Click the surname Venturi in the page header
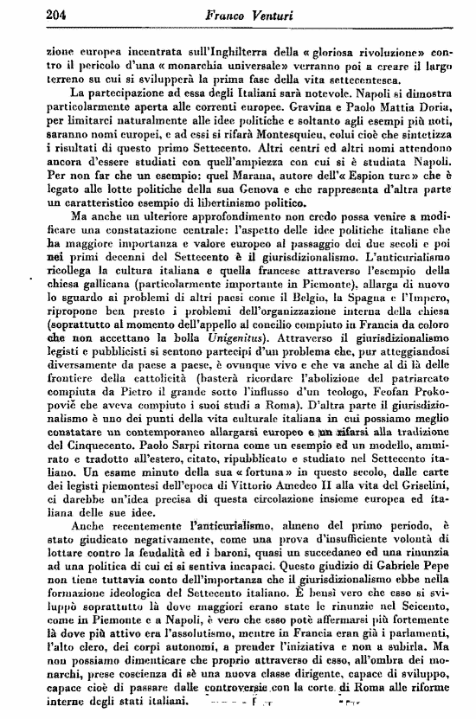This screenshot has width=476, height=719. pos(271,13)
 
